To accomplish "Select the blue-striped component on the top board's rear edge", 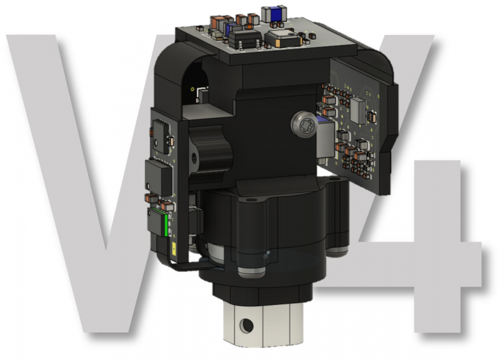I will pos(273,12).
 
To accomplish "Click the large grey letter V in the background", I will pos(81,187).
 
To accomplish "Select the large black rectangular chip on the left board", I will pos(158,176).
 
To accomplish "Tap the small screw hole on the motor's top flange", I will pos(251,201).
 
